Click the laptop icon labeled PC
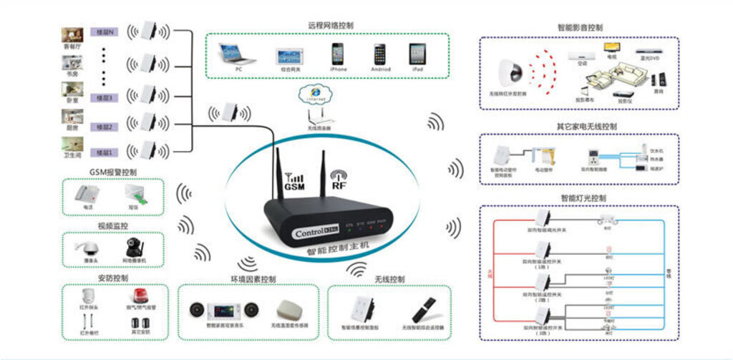point(238,54)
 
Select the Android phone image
point(379,54)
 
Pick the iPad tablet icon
point(417,54)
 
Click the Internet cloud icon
point(314,94)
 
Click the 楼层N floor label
point(105,33)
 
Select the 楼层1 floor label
point(105,152)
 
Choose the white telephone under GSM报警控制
point(87,193)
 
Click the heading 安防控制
point(112,278)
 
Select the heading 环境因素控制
point(253,279)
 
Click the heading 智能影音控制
point(580,28)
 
